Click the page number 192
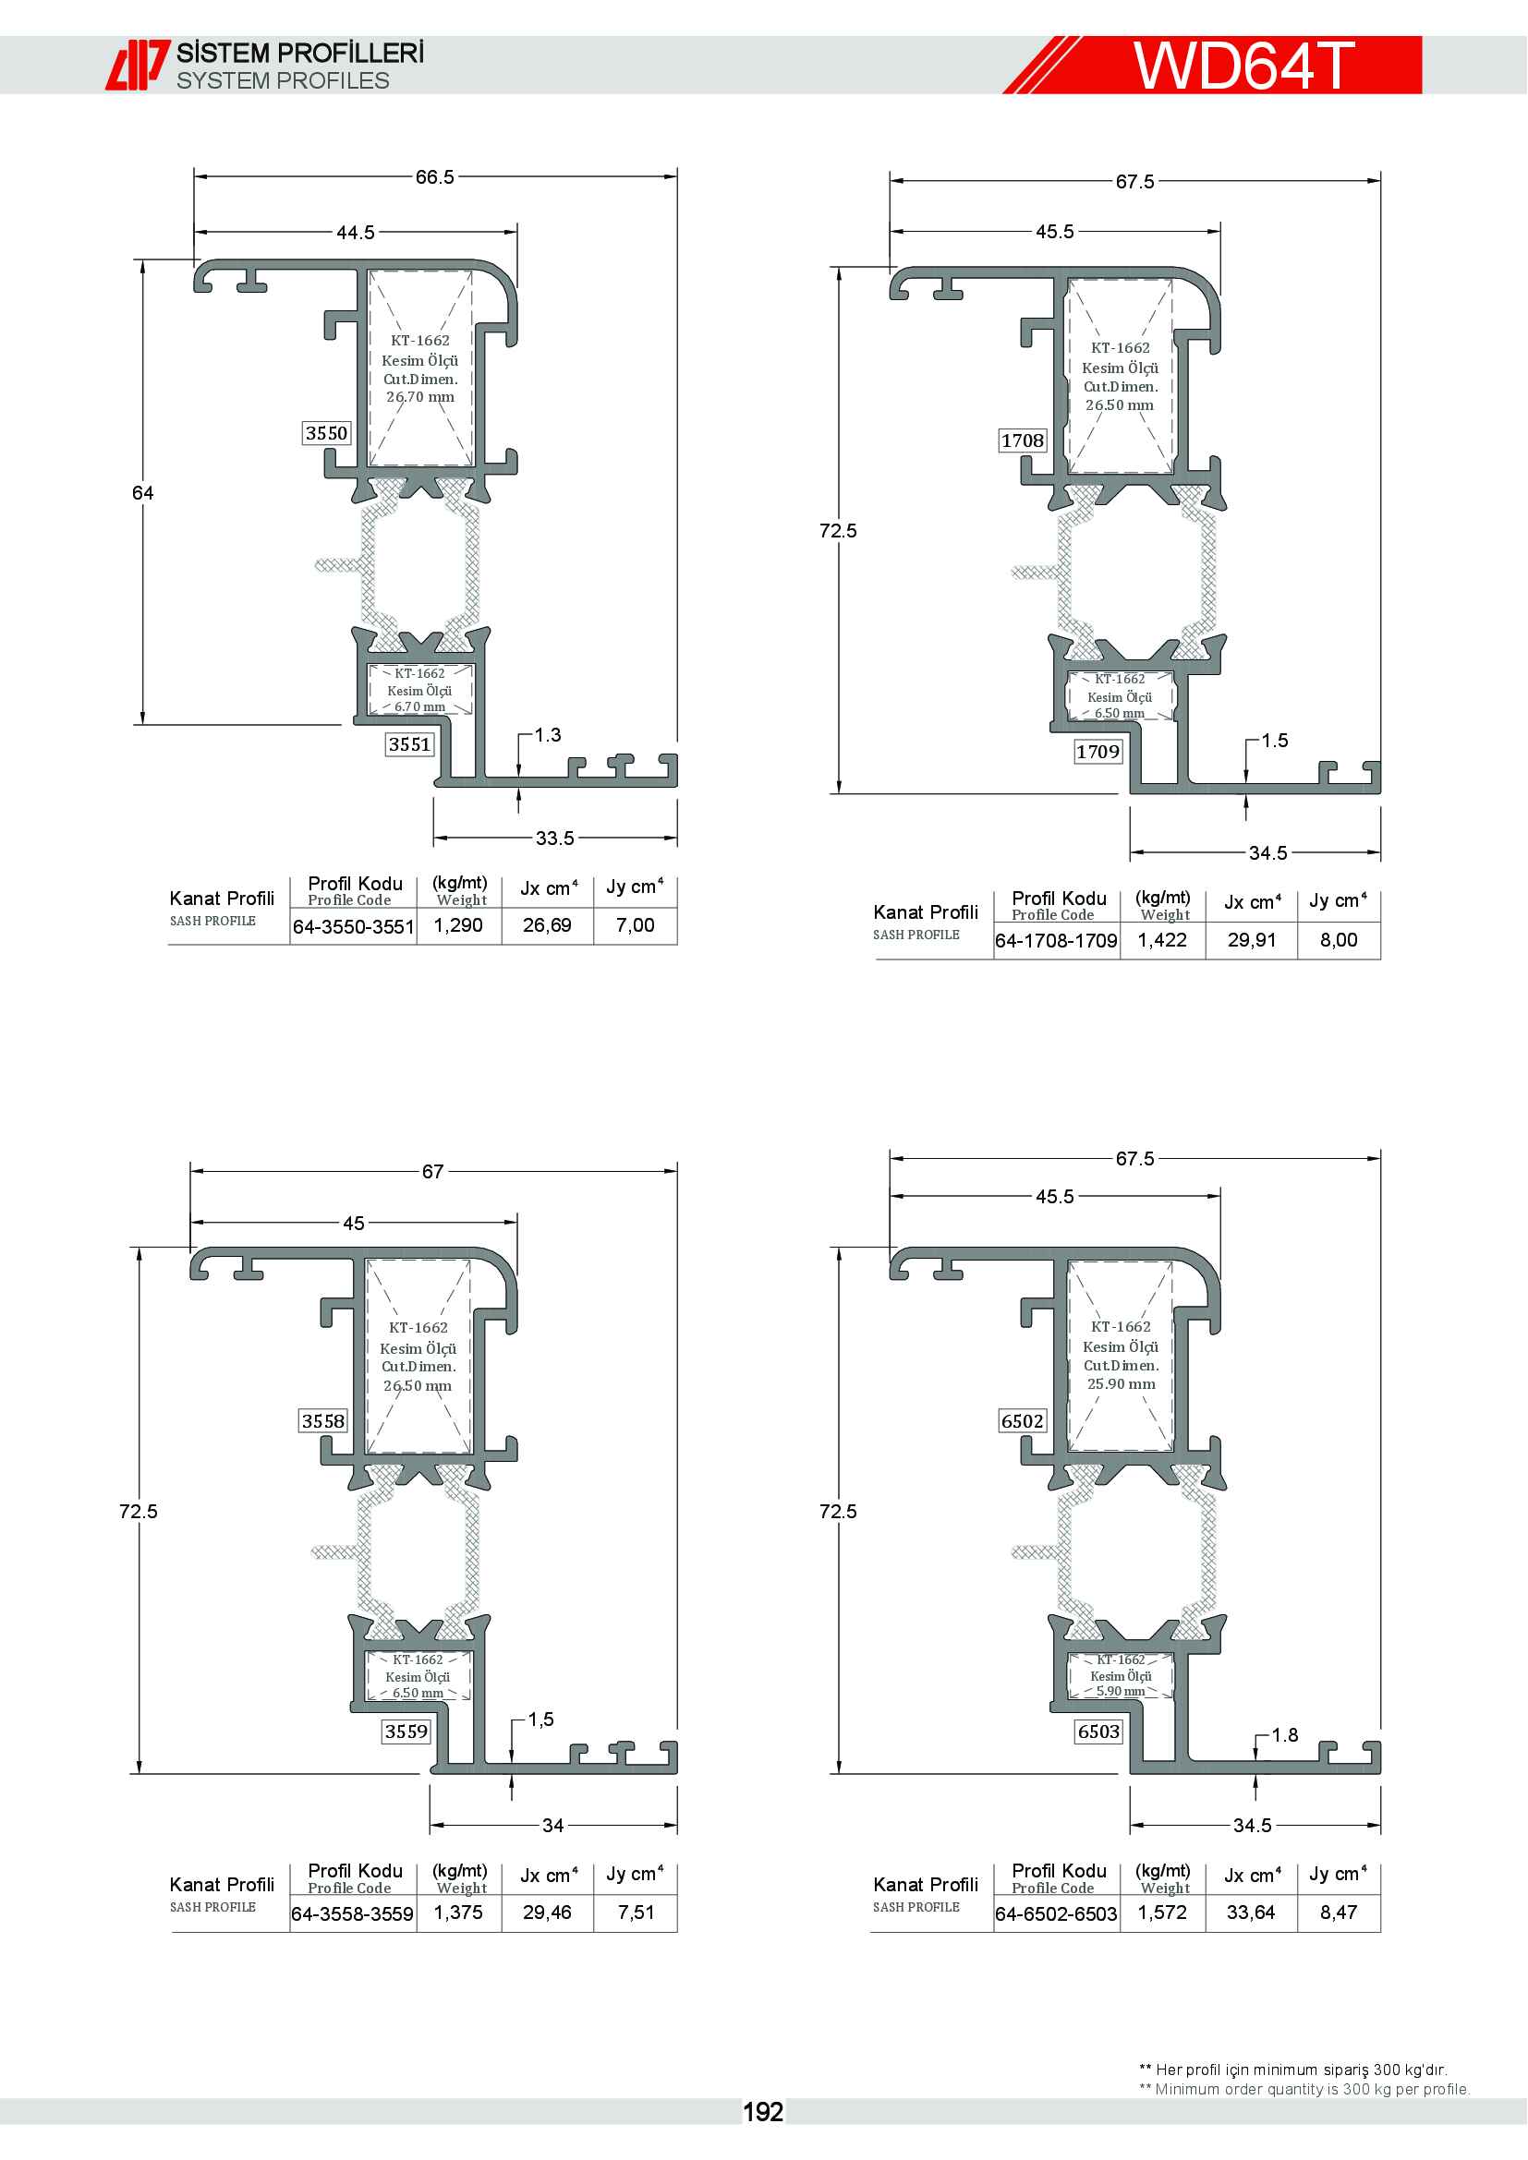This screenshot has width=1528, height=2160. (x=763, y=2112)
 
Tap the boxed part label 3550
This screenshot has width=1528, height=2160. (x=326, y=433)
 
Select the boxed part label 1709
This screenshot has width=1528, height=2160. (x=1098, y=752)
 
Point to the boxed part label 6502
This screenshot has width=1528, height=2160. (x=1023, y=1420)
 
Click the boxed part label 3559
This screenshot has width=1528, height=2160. (x=406, y=1731)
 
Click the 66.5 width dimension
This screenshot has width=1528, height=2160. (x=435, y=177)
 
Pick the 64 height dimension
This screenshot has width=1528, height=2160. (x=142, y=493)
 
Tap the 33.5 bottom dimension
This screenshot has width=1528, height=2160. (x=555, y=839)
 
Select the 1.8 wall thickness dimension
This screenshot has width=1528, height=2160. (x=1285, y=1735)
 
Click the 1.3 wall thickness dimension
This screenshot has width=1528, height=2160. (x=548, y=735)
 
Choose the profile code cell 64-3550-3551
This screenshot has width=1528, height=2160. (x=354, y=926)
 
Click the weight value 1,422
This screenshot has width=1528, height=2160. (x=1162, y=940)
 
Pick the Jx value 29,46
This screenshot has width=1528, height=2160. (x=548, y=1913)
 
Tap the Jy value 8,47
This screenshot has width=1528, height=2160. (x=1339, y=1913)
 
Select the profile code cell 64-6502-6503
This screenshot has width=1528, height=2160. (x=1057, y=1914)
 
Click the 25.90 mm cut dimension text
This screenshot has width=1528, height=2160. (x=1122, y=1384)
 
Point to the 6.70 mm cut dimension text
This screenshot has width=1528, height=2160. (x=419, y=706)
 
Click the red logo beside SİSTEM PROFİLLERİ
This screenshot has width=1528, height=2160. (x=138, y=65)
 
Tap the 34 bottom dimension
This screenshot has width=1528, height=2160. (x=553, y=1826)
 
